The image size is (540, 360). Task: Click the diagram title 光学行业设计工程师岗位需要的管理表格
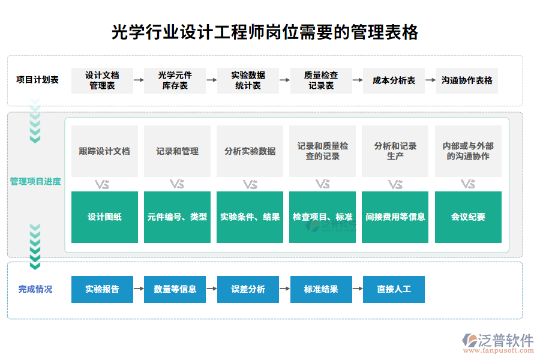coord(265,32)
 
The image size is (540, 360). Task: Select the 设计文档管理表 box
coord(102,80)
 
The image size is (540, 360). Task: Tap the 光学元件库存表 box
coord(175,80)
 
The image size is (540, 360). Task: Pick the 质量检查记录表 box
coord(321,80)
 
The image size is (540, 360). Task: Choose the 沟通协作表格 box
coord(467,80)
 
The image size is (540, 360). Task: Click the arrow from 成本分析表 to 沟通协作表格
coord(430,80)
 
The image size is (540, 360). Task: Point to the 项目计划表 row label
coord(37,80)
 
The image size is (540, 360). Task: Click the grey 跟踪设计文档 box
coord(104,151)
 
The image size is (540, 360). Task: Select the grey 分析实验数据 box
coord(250,151)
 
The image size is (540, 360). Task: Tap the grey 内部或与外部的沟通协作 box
coord(468,151)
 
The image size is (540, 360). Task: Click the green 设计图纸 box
coord(104,217)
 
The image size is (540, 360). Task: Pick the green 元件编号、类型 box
coord(177,217)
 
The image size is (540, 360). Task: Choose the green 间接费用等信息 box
coord(395,217)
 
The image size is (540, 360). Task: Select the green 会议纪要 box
coord(468,217)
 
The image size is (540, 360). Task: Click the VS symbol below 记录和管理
coord(177,184)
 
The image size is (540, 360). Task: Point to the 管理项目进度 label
coord(35,181)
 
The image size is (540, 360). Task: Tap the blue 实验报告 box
coord(102,289)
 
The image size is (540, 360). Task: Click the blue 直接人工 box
coord(394,289)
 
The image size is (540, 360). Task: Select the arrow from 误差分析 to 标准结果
coord(284,289)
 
